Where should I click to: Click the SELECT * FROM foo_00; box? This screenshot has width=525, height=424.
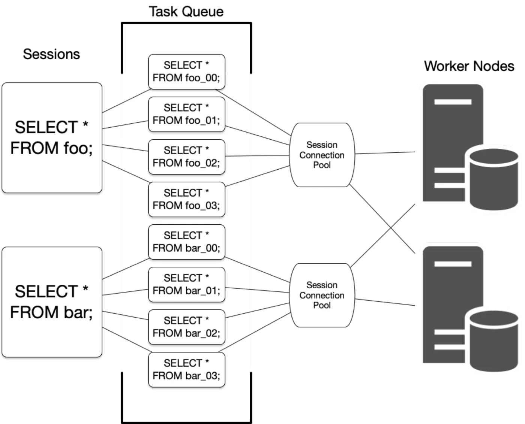(186, 72)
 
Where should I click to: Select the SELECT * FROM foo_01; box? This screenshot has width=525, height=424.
(186, 114)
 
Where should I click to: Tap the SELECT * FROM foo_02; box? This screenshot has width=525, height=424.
(186, 157)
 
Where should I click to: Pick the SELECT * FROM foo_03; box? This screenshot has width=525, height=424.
(186, 199)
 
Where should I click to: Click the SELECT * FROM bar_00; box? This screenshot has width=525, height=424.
(186, 242)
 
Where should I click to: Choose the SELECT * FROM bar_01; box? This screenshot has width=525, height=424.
(186, 284)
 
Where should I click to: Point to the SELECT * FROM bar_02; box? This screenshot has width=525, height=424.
(186, 327)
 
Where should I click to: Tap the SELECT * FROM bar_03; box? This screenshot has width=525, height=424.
(186, 369)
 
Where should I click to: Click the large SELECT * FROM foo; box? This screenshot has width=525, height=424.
(52, 137)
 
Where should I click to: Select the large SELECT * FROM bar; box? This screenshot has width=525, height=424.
(52, 302)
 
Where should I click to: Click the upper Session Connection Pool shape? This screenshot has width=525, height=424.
(322, 155)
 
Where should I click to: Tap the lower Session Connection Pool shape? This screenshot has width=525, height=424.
(322, 295)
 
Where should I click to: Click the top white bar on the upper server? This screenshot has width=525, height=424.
(453, 102)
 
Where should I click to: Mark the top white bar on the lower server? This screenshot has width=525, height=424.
(453, 264)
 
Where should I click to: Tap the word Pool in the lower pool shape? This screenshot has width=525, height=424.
(322, 305)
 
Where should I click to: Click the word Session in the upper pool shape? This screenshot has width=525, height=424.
(322, 145)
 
